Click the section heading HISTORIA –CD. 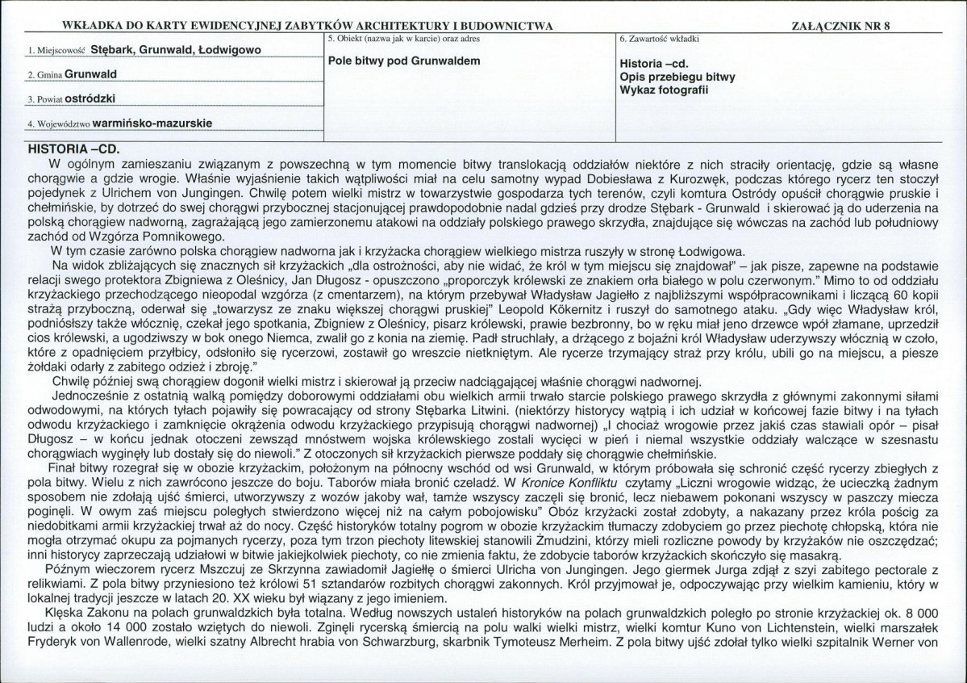(73, 149)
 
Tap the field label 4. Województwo (58, 126)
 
